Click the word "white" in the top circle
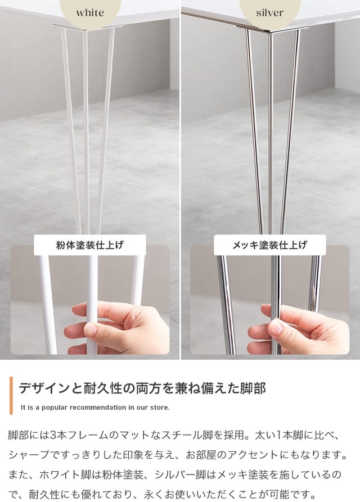[90, 13]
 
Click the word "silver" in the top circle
[269, 13]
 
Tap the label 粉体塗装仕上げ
[90, 245]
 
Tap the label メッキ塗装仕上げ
[269, 245]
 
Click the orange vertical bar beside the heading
[11, 395]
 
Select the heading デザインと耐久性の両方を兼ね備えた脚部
[142, 388]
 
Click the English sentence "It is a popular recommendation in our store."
[95, 408]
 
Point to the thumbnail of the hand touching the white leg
[90, 300]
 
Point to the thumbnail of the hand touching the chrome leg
[269, 300]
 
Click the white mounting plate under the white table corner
[88, 26]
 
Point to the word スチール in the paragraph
[187, 435]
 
